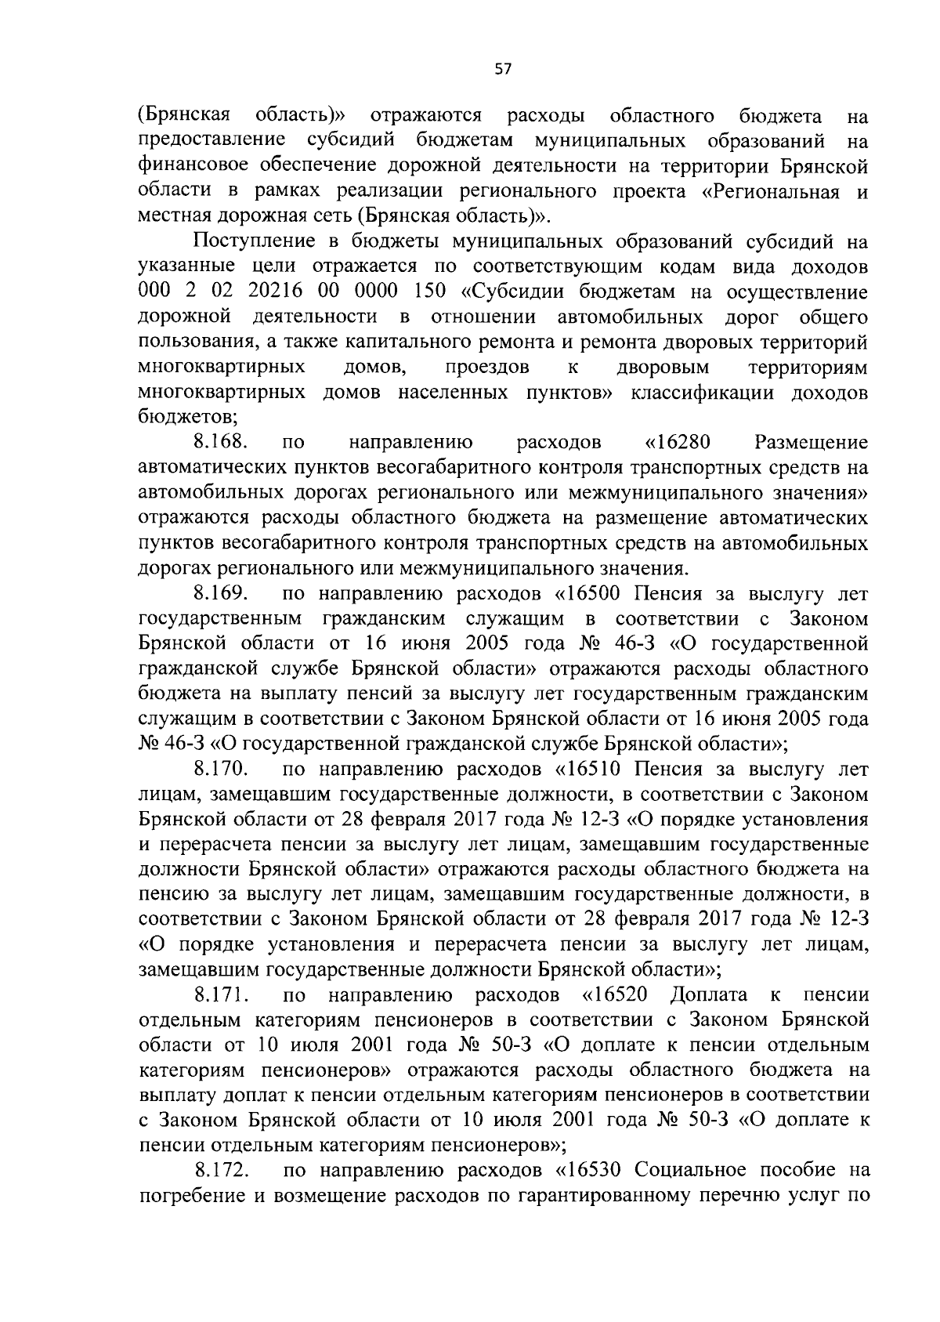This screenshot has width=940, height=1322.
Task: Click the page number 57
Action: [503, 69]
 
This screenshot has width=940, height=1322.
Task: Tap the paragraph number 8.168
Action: [222, 443]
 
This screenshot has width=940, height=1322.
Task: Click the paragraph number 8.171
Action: [222, 995]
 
